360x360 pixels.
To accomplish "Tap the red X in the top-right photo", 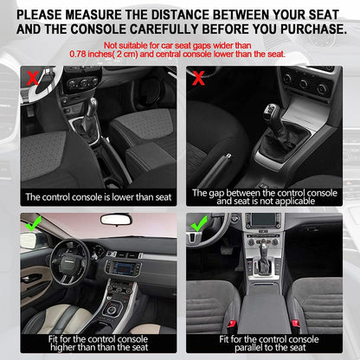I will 198,78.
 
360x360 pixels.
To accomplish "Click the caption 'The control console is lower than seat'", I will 98,197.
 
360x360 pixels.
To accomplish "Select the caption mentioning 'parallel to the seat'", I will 265,345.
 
